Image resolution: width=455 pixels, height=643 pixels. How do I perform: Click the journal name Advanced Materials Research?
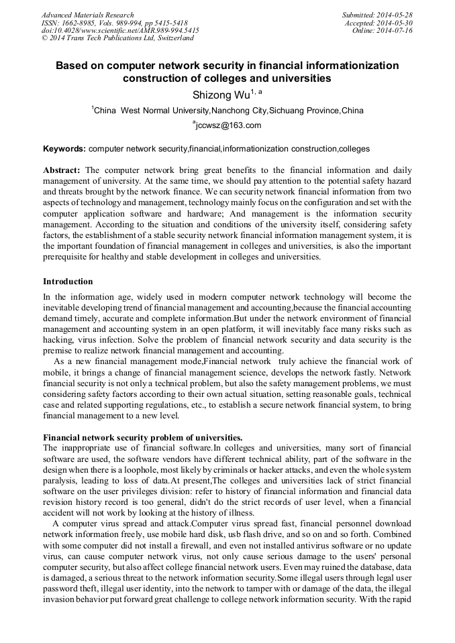[87, 15]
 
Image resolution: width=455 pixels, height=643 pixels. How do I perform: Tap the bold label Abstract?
[62, 170]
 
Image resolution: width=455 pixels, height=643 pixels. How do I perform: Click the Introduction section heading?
[68, 281]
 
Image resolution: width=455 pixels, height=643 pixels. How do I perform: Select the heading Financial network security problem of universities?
[142, 437]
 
